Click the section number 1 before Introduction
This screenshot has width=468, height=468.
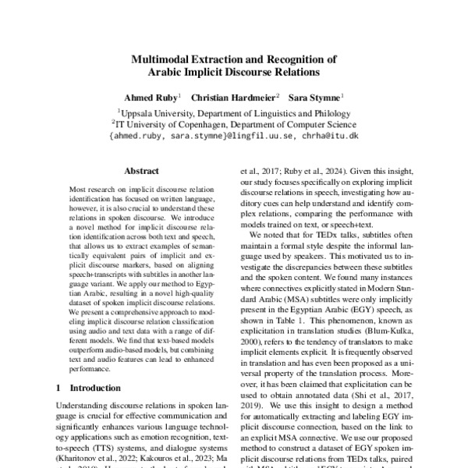[x=59, y=387]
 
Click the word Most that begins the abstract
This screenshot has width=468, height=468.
[x=80, y=190]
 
